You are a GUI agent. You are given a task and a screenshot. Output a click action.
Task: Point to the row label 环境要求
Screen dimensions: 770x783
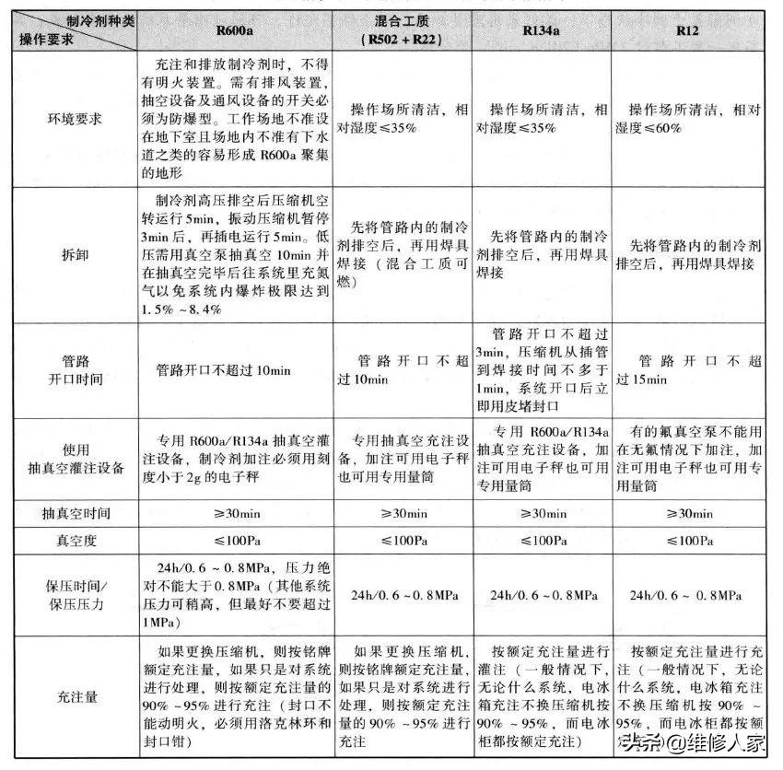click(78, 120)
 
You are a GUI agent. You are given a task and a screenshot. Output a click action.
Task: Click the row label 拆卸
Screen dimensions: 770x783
click(78, 253)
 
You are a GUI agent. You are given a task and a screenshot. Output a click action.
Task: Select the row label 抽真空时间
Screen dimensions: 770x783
click(78, 512)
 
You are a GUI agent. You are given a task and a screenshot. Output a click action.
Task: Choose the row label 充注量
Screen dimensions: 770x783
click(78, 698)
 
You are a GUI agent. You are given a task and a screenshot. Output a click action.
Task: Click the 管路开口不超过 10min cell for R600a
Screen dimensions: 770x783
click(224, 369)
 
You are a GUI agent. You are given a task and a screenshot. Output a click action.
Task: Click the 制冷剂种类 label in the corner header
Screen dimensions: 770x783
click(100, 19)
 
